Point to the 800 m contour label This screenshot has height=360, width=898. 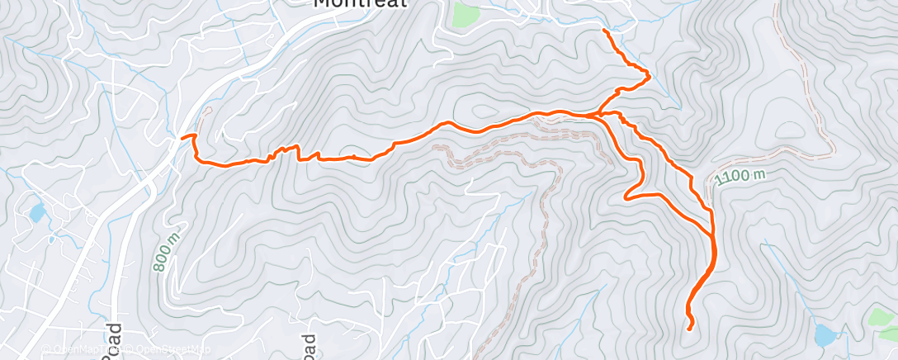tap(166, 250)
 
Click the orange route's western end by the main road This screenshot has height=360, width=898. tap(183, 136)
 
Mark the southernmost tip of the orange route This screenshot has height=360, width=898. tap(691, 328)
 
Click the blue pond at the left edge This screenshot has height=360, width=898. tap(37, 213)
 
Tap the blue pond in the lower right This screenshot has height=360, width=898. tap(825, 334)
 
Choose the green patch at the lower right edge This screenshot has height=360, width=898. tap(884, 317)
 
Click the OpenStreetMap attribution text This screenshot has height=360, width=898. tap(166, 349)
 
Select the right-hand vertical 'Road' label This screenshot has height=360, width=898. tap(308, 346)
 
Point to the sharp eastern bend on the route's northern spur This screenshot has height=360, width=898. tap(649, 77)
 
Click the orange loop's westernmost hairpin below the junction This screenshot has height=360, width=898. tap(626, 197)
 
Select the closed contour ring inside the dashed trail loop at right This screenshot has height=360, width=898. tap(787, 131)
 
